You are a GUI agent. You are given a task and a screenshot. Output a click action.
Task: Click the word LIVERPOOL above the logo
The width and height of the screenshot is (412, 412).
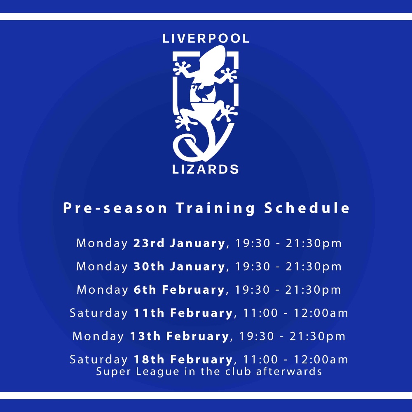206,39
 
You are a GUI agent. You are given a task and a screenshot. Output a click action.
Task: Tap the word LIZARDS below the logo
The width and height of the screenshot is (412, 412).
206,169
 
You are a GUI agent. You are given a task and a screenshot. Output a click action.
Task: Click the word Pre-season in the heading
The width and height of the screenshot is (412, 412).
115,208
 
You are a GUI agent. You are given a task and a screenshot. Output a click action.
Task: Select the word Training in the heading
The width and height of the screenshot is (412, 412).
215,208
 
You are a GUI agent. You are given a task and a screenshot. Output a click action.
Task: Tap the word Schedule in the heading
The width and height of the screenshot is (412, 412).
307,208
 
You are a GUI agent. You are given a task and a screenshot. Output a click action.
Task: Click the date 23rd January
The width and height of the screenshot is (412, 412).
179,243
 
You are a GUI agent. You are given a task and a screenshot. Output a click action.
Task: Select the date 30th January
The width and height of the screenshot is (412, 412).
179,267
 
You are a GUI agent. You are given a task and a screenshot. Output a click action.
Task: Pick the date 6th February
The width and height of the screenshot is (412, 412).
179,290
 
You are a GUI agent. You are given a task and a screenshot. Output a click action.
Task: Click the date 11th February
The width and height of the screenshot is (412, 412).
183,313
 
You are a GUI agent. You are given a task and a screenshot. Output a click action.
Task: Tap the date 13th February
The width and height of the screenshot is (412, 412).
180,336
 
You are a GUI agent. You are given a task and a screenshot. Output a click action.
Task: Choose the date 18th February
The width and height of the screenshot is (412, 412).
183,359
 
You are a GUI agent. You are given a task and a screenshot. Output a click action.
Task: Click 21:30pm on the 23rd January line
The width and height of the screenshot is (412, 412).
314,243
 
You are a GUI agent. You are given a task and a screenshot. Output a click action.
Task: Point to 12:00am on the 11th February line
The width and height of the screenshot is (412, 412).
321,313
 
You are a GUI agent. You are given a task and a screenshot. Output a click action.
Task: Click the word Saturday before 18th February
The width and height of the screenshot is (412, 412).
98,360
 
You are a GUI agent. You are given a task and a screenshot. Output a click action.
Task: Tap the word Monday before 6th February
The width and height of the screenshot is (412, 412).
102,290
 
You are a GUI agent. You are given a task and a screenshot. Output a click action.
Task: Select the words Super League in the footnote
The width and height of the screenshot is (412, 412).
138,372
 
